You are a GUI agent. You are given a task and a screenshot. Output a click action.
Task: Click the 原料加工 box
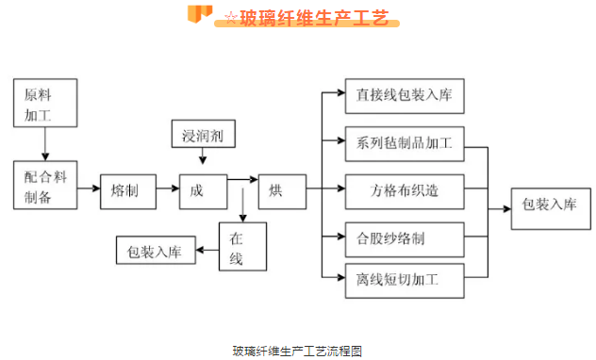44,104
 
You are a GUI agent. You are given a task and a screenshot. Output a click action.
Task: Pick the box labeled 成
203,191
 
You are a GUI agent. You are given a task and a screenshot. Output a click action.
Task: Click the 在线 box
242,247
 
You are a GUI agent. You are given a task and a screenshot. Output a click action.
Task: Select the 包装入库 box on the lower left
156,252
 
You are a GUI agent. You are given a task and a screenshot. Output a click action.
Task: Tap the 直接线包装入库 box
405,95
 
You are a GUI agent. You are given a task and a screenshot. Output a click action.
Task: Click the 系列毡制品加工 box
405,144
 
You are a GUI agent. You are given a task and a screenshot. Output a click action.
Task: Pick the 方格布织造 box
405,191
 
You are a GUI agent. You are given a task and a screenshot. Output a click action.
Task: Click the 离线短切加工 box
405,280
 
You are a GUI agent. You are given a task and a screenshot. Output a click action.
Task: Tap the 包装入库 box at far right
549,205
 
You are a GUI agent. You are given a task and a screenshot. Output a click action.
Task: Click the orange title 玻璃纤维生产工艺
311,18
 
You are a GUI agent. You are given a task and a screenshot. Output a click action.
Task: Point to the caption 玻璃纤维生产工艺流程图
297,351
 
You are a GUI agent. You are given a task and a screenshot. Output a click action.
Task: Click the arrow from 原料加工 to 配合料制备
44,144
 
